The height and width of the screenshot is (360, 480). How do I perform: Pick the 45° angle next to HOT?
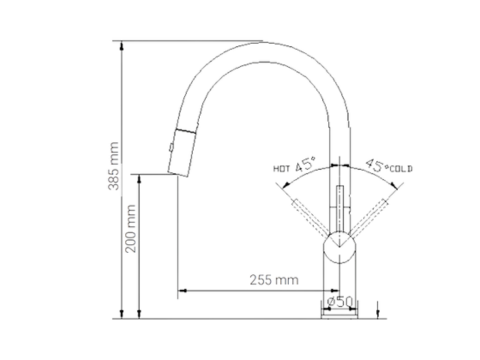click(x=303, y=164)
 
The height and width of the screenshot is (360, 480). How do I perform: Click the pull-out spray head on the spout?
click(x=182, y=150)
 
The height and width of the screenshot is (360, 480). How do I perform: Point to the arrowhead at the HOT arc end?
click(x=292, y=186)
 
